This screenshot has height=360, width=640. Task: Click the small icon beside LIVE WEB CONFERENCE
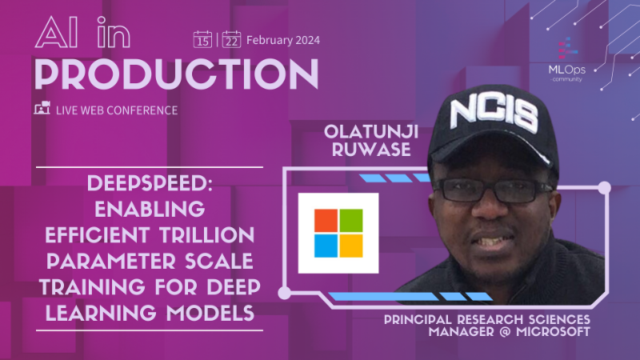42,110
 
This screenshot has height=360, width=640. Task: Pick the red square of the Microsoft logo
326,221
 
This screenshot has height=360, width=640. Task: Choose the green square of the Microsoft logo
350,221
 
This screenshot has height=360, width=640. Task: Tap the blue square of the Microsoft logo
326,245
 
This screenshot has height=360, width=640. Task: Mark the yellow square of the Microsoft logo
350,245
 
